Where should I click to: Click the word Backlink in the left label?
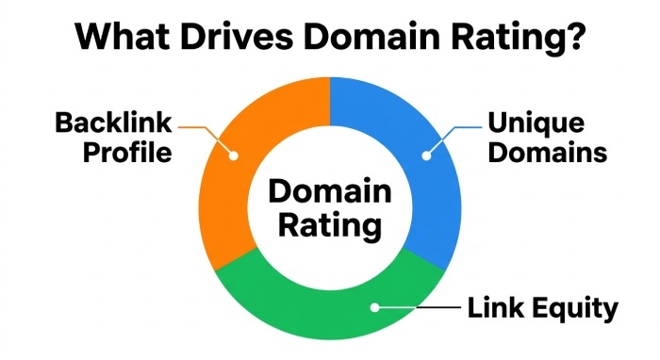tap(113, 123)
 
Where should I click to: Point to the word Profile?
tap(127, 152)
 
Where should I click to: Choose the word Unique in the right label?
tap(536, 123)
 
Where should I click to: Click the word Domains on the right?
tap(547, 152)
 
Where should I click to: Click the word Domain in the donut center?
tap(330, 191)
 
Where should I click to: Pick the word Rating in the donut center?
tap(330, 227)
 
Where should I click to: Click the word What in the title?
tap(122, 36)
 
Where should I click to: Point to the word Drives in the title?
tap(236, 36)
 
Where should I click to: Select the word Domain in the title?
tap(371, 36)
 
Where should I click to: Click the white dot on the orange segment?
tap(233, 155)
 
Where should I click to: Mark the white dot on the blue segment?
tap(427, 155)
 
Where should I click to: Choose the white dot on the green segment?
tap(374, 307)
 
